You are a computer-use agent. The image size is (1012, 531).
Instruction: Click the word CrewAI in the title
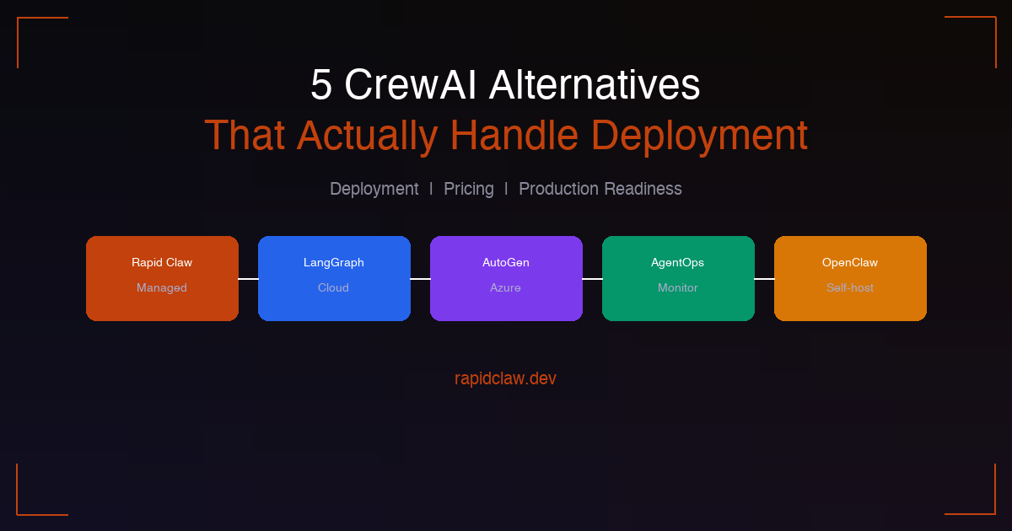click(x=410, y=84)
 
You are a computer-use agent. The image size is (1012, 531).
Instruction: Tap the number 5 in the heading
click(x=321, y=85)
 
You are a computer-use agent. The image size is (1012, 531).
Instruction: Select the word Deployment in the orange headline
click(x=699, y=135)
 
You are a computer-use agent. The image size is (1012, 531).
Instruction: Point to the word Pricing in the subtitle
click(x=469, y=189)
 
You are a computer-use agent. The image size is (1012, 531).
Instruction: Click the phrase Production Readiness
click(x=600, y=189)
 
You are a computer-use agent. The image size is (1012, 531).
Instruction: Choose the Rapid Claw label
click(x=162, y=262)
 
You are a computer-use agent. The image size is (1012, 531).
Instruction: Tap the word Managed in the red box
click(x=162, y=288)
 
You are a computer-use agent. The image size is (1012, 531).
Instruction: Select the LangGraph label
click(x=334, y=263)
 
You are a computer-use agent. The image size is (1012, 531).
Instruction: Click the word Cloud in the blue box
click(x=333, y=287)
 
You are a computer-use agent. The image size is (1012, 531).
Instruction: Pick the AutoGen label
click(x=506, y=262)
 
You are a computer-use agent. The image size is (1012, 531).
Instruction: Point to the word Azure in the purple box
click(x=505, y=287)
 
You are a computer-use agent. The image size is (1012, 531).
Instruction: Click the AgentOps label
click(x=678, y=263)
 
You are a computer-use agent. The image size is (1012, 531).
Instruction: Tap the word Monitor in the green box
click(x=678, y=287)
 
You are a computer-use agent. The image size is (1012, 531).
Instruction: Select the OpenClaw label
click(x=850, y=262)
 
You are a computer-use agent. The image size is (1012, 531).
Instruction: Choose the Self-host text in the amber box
click(x=850, y=287)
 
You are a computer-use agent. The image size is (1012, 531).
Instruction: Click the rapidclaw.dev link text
click(x=505, y=378)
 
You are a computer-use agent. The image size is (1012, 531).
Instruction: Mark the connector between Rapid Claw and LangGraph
click(x=249, y=279)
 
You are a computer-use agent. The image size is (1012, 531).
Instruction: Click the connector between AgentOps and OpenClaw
click(x=764, y=279)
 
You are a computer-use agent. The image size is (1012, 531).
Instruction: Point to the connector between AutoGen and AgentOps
click(x=592, y=279)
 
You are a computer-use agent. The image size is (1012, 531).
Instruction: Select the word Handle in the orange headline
click(x=514, y=135)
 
